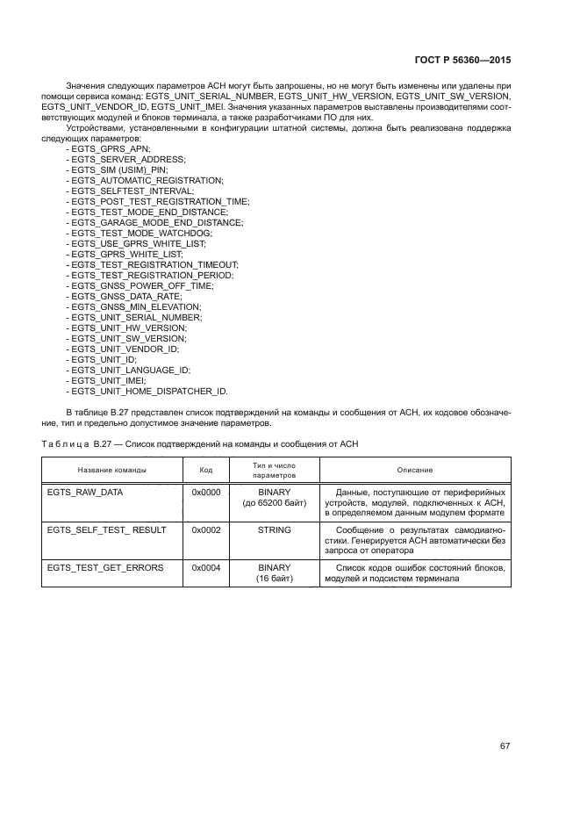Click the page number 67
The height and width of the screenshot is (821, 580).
tap(505, 745)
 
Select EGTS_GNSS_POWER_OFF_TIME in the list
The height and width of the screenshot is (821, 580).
tap(140, 285)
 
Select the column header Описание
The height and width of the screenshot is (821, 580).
tap(414, 470)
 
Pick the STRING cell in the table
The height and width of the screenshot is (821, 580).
tap(274, 530)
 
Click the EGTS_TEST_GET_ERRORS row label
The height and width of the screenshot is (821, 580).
tap(104, 568)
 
